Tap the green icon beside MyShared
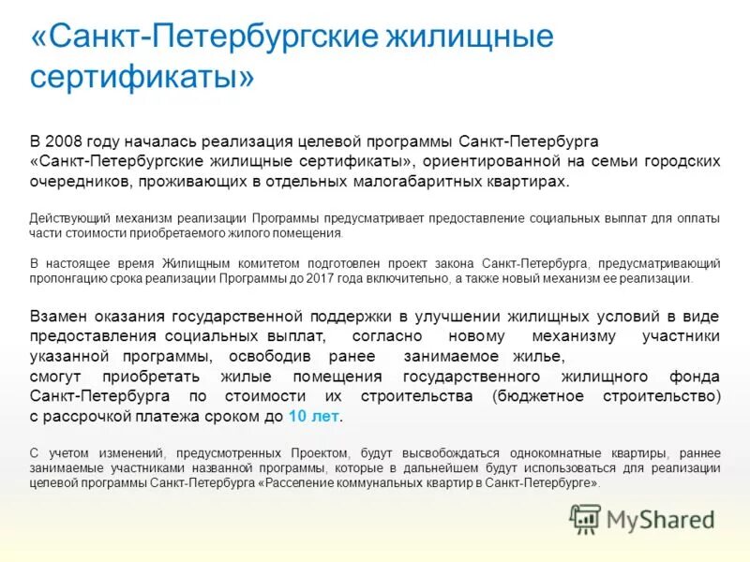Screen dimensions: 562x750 586,518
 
